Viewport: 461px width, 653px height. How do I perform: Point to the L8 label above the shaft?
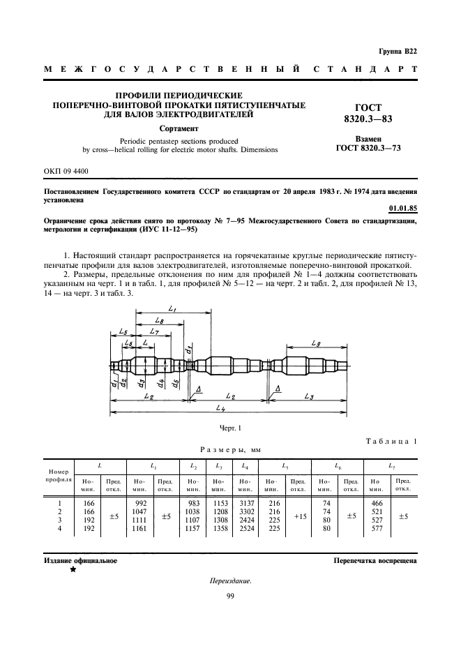[x=160, y=320]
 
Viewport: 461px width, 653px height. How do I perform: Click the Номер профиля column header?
[x=59, y=476]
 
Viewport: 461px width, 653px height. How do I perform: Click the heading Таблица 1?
[x=391, y=441]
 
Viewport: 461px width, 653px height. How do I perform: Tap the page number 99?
[x=230, y=595]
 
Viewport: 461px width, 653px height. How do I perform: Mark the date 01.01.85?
[x=402, y=207]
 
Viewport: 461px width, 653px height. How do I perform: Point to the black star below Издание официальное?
[x=73, y=569]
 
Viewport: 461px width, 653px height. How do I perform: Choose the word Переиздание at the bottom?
[x=230, y=581]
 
